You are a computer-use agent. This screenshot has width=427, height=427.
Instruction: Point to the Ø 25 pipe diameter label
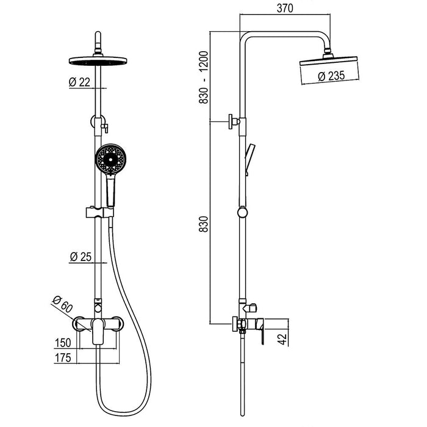pyautogui.click(x=81, y=257)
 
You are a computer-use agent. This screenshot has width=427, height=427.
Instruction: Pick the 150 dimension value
pyautogui.click(x=63, y=342)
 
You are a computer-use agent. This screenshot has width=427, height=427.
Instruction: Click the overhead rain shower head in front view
pyautogui.click(x=97, y=60)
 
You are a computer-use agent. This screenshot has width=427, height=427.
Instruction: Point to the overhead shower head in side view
pyautogui.click(x=329, y=60)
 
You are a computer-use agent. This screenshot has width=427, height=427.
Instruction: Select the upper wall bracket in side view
pyautogui.click(x=234, y=121)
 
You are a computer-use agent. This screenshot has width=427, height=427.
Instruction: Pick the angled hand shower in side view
pyautogui.click(x=249, y=158)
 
